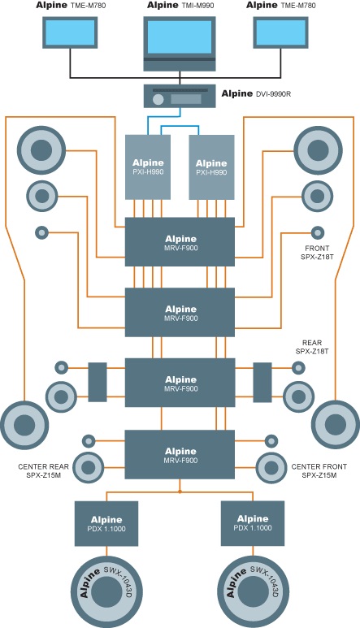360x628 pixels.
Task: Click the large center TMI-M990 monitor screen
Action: [180, 37]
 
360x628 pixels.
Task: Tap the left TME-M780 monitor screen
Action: [70, 32]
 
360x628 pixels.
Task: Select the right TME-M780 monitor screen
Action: [280, 32]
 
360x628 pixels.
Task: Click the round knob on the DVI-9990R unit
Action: [158, 99]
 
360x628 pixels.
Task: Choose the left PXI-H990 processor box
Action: [148, 167]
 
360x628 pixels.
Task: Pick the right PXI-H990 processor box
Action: [211, 167]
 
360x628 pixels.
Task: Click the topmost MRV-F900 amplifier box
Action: [180, 242]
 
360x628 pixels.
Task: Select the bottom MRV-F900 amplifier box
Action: [180, 455]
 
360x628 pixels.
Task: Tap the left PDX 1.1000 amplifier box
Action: [106, 523]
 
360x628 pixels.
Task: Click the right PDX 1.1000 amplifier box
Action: [253, 523]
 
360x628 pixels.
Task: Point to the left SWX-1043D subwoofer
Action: [107, 591]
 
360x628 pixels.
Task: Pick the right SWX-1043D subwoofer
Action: [253, 591]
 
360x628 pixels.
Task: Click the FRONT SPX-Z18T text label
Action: [317, 253]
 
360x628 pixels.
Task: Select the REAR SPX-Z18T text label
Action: [312, 347]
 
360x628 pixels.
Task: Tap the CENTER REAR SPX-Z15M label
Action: [43, 471]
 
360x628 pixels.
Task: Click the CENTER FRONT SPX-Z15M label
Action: [319, 471]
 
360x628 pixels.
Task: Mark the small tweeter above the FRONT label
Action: [318, 232]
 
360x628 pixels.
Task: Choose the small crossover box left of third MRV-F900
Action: [98, 383]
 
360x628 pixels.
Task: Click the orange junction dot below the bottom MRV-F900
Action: [180, 492]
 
